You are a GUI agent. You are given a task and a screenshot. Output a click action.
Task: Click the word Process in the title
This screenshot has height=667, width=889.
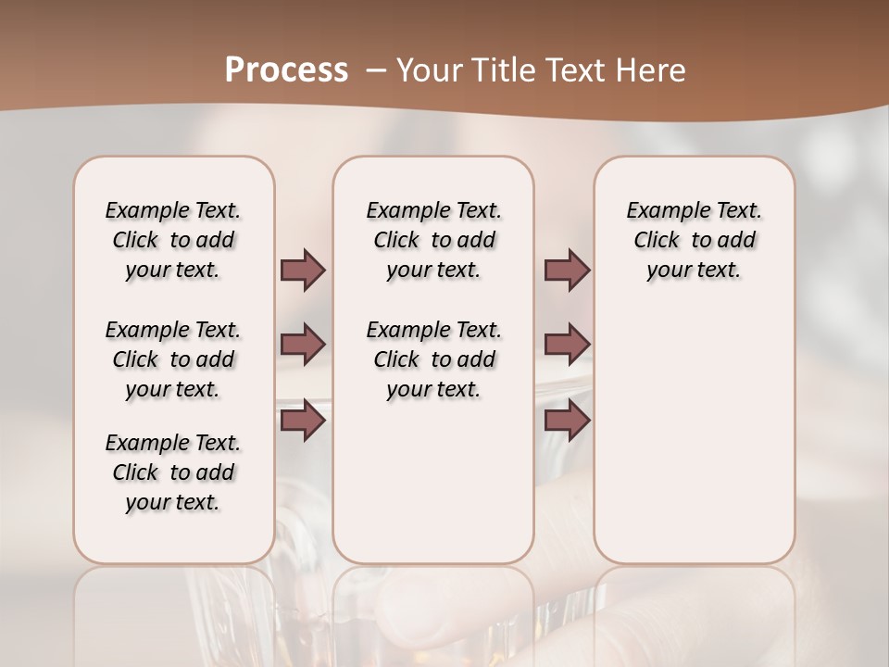pos(286,70)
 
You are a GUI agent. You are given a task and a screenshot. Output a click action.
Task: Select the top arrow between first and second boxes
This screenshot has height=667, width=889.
pos(303,270)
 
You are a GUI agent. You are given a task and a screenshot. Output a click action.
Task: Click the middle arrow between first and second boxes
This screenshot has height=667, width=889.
pos(303,345)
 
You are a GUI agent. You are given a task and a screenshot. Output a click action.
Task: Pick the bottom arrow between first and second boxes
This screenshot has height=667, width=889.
pos(303,421)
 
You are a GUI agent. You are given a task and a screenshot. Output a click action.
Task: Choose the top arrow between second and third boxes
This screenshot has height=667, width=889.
pos(567,270)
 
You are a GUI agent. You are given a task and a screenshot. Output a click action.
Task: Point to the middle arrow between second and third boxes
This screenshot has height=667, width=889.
pos(567,345)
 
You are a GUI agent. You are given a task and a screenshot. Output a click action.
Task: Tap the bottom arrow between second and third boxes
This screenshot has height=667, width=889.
pos(567,421)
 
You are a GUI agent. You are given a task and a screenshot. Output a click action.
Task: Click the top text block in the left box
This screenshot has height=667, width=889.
pos(173,240)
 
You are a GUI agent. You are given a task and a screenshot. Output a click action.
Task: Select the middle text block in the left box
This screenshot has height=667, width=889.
pos(173,359)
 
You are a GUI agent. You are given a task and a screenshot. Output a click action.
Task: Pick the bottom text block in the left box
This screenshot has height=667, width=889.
pos(173,472)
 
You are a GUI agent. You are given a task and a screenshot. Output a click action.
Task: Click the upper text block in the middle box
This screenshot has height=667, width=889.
pos(433,240)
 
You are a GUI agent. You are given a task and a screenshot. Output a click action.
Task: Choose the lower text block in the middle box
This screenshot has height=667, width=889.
pos(433,359)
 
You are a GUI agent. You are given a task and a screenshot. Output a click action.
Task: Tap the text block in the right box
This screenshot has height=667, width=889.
pos(694,240)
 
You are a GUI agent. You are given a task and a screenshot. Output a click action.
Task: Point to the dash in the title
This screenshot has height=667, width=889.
pos(376,70)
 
